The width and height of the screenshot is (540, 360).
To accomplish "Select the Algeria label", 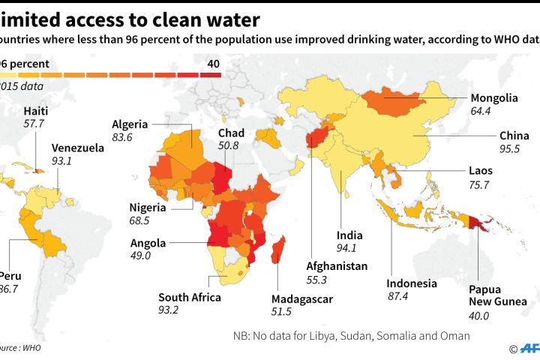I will [130, 124].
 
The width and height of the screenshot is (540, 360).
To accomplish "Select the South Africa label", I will [189, 297].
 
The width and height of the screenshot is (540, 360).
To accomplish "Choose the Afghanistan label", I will [337, 266].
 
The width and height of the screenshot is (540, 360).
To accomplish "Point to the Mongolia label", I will [493, 98].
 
